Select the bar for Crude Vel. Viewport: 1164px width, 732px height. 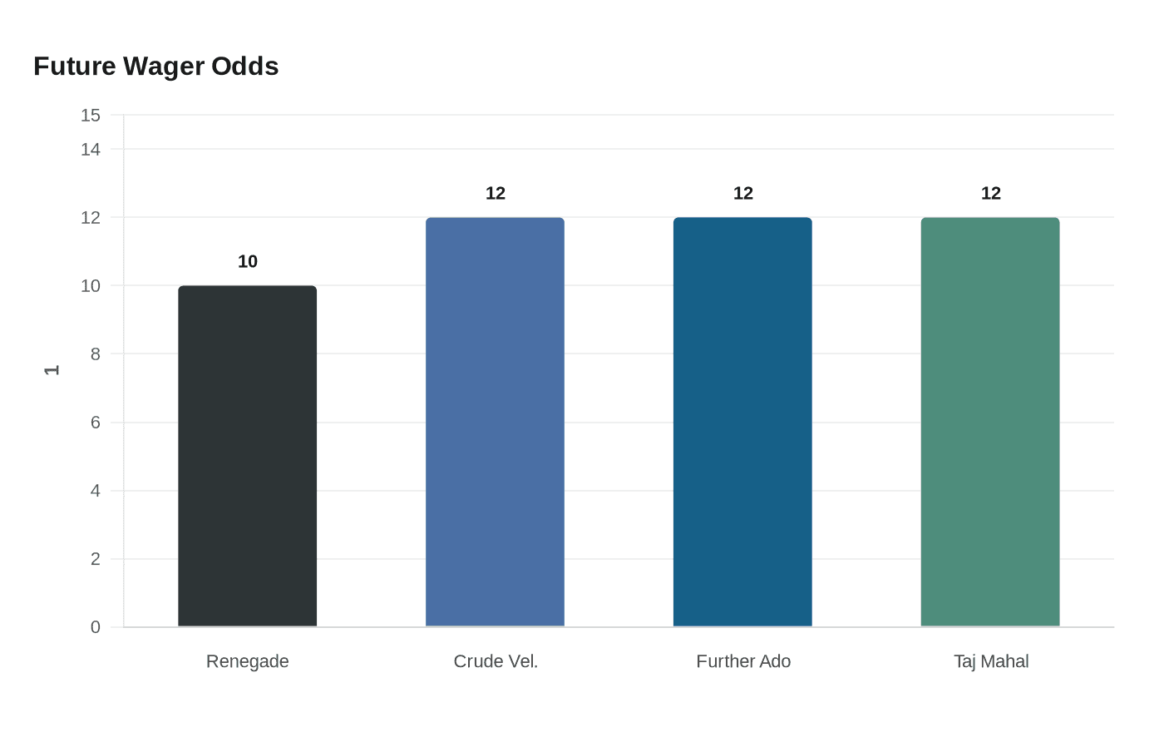[x=495, y=422]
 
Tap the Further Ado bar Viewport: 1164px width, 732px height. [x=742, y=422]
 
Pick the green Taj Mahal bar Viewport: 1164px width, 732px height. [x=990, y=422]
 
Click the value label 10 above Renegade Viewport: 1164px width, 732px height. [x=248, y=261]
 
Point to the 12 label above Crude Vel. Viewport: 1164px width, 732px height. [x=496, y=193]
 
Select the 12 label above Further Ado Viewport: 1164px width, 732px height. [x=743, y=193]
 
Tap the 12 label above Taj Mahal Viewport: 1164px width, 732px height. [x=991, y=193]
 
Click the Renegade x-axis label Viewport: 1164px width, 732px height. [x=248, y=661]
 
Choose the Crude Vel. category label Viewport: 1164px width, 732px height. [x=496, y=661]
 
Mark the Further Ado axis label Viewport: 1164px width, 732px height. [x=743, y=661]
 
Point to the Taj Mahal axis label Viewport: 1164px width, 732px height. [x=991, y=661]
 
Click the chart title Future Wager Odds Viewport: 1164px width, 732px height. [x=156, y=66]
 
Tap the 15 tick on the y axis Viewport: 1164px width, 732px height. [x=91, y=115]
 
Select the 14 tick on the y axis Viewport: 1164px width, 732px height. [x=91, y=149]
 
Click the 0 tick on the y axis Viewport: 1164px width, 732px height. [x=96, y=627]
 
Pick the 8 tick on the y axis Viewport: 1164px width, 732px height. [x=96, y=354]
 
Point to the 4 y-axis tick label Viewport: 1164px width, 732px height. [x=96, y=491]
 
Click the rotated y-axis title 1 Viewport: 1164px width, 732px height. [x=52, y=370]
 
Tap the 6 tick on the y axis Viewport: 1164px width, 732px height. [x=96, y=423]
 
